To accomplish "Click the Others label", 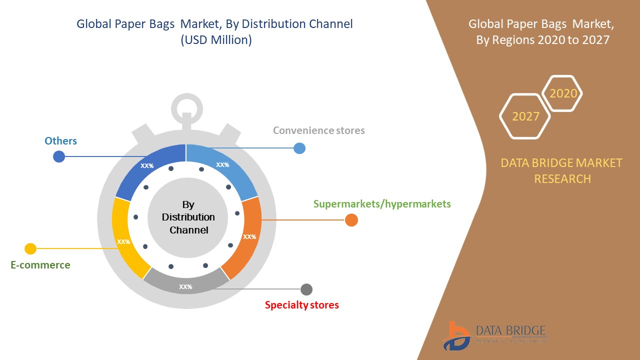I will click(x=60, y=141).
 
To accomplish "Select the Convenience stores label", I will click(x=318, y=130).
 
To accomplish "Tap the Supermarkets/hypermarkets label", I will click(x=382, y=204).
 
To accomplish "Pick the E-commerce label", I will click(x=40, y=265).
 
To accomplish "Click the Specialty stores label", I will click(x=301, y=305).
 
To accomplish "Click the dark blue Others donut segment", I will click(x=147, y=167).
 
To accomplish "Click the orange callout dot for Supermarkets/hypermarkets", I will click(x=351, y=220).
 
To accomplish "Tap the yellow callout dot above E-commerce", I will click(x=30, y=248).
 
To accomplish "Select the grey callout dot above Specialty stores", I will click(x=306, y=289).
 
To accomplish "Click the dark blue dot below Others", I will click(x=59, y=156).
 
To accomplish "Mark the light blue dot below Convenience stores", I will click(x=299, y=148).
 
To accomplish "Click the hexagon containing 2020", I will click(x=563, y=93).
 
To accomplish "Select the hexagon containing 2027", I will click(x=525, y=116).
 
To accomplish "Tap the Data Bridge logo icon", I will click(x=455, y=336).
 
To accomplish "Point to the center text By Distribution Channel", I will click(x=188, y=217).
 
